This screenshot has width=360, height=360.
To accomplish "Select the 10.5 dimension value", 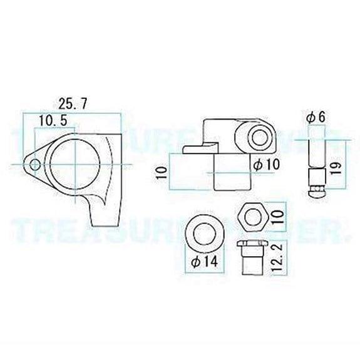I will point(53,119).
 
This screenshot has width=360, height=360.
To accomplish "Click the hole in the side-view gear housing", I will point(256,136).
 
